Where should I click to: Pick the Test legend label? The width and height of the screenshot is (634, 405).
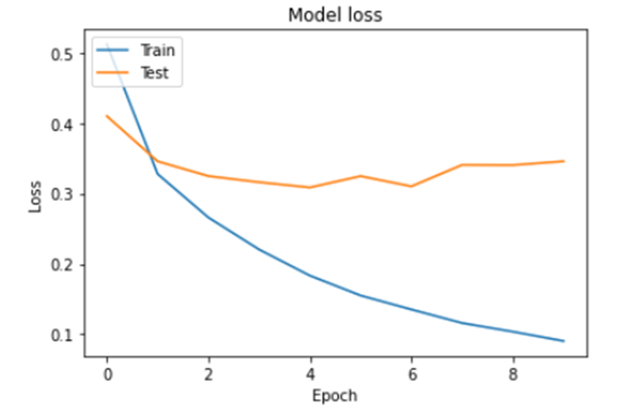click(154, 72)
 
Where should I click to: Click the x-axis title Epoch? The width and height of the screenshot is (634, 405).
click(335, 395)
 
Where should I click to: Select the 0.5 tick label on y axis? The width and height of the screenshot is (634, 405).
click(62, 54)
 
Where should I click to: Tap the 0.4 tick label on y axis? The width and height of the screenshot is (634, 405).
click(62, 124)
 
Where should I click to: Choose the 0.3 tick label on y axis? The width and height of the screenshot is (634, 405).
click(62, 195)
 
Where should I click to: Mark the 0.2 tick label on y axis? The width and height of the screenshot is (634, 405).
click(62, 265)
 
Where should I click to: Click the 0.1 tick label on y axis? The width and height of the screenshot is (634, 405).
click(62, 335)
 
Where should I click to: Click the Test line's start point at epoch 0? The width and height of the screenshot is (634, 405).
click(107, 115)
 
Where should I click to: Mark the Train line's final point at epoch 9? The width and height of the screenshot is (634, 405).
click(564, 341)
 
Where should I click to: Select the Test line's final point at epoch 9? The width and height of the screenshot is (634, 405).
click(564, 161)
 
